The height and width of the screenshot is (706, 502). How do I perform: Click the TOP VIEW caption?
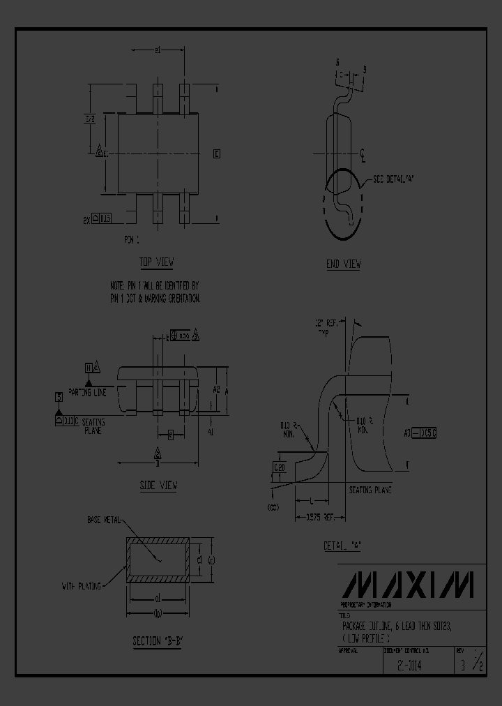click(x=156, y=262)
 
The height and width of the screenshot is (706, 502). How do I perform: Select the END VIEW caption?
click(x=343, y=264)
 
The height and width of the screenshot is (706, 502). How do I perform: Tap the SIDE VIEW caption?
click(x=158, y=485)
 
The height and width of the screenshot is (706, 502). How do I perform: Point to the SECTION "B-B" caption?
click(x=158, y=641)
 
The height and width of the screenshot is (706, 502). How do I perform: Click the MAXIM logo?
click(x=411, y=585)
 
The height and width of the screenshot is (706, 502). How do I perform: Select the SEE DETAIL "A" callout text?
click(x=395, y=179)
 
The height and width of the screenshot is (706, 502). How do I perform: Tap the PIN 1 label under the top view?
click(x=132, y=239)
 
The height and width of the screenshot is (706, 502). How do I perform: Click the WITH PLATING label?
click(x=82, y=585)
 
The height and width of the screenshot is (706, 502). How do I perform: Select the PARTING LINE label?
click(x=87, y=393)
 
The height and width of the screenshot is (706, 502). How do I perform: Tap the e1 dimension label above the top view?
click(x=158, y=50)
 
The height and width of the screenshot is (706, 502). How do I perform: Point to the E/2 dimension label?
click(x=90, y=119)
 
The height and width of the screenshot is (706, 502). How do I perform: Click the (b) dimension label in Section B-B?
click(x=158, y=613)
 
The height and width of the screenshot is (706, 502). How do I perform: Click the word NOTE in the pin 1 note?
click(x=117, y=286)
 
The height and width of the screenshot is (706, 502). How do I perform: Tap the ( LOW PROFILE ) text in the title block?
click(x=367, y=638)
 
